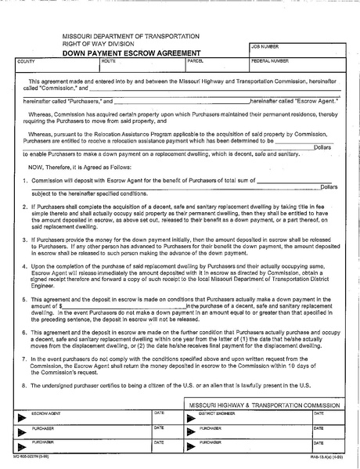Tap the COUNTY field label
point(27,60)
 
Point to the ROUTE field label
point(108,60)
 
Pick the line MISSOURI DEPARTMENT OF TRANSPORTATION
point(131,36)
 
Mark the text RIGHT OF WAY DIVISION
point(99,44)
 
